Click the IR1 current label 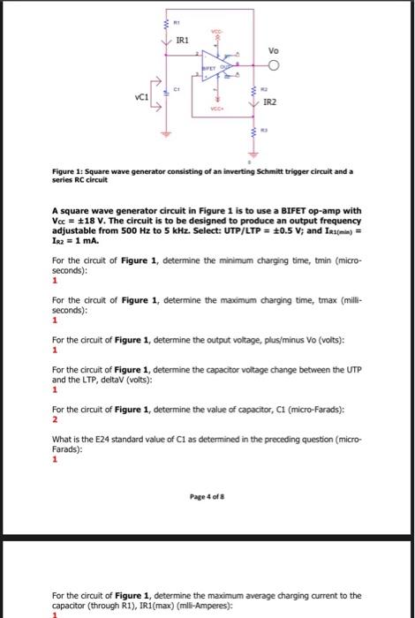pos(181,41)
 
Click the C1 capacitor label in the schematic pos(177,87)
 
